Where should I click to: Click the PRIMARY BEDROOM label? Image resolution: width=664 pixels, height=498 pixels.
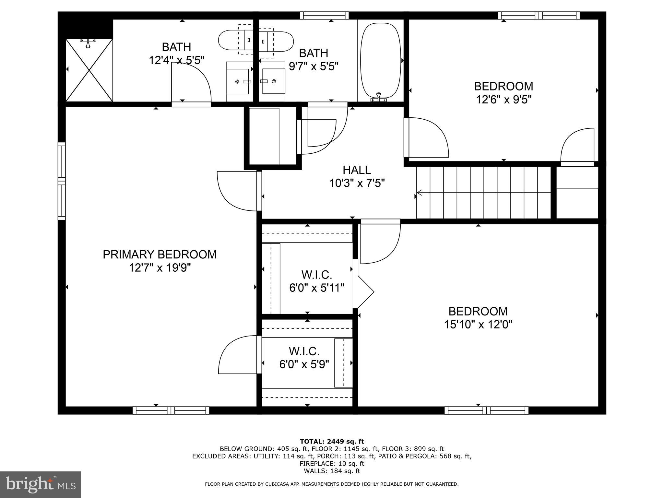tap(160, 255)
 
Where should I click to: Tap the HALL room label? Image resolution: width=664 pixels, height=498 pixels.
tap(357, 170)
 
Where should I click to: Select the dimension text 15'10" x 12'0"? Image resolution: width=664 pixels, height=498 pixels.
tap(478, 325)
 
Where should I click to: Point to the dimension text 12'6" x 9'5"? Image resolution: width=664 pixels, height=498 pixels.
tap(504, 100)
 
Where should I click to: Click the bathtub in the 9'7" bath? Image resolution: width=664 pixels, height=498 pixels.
tap(380, 60)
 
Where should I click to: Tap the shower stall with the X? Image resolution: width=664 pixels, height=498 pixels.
tap(89, 70)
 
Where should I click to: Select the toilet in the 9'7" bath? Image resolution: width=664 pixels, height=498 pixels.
tap(276, 41)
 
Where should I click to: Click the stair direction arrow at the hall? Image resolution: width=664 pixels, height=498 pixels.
tap(420, 193)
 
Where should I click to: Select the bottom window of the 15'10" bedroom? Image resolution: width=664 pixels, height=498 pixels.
tap(486, 410)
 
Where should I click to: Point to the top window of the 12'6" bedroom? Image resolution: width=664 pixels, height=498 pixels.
tap(539, 15)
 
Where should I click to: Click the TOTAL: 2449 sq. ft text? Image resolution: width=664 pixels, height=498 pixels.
tap(332, 442)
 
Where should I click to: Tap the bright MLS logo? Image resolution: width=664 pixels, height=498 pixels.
tap(41, 484)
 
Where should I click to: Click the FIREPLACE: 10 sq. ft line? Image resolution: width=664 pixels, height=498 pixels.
tap(332, 464)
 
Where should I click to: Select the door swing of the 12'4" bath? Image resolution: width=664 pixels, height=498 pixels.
tap(191, 83)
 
